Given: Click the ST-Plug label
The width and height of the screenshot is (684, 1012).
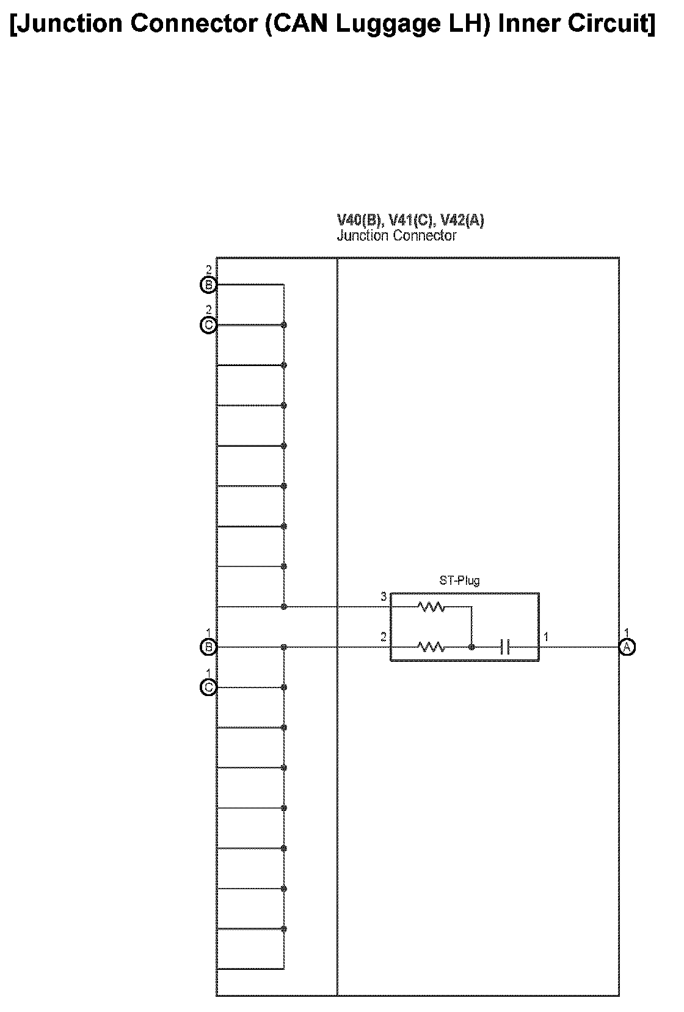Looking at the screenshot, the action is click(459, 580).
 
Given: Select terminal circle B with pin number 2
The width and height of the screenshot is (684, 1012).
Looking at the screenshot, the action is click(209, 285).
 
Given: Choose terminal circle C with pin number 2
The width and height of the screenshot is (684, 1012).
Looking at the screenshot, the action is click(209, 325).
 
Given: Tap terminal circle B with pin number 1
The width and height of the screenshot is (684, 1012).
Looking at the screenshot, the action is click(209, 647).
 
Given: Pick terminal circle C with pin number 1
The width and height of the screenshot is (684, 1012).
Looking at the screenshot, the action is click(209, 687).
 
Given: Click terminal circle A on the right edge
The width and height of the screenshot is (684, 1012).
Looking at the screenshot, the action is click(627, 647).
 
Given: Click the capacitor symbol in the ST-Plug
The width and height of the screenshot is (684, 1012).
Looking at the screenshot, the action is click(504, 647).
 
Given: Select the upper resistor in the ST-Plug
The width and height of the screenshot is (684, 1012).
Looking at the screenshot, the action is click(431, 607).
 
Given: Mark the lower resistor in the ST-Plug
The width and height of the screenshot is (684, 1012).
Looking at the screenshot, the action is click(431, 647).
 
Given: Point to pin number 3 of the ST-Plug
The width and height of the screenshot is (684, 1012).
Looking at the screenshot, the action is click(384, 597).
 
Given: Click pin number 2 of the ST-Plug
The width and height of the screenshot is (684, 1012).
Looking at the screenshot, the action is click(384, 637).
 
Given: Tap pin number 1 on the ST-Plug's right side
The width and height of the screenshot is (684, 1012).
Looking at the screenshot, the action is click(546, 637).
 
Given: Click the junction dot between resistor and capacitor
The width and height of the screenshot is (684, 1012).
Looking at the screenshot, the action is click(471, 647).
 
